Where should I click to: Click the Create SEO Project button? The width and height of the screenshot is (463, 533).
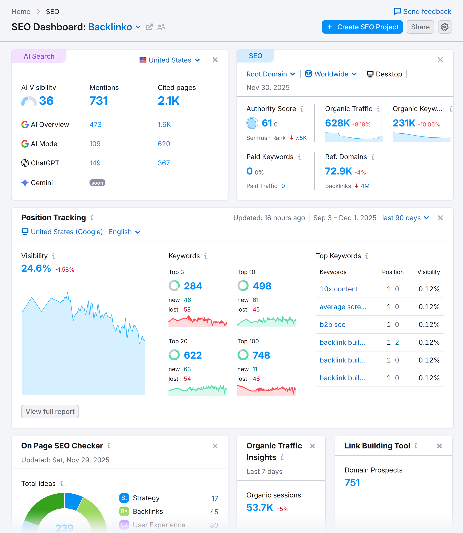tap(362, 27)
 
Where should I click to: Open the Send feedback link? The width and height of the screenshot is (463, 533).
tap(422, 12)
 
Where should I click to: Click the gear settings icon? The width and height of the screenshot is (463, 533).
tap(444, 27)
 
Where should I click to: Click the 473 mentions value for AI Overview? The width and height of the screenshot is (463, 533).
tap(95, 125)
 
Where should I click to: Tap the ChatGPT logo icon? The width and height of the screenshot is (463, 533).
tap(25, 163)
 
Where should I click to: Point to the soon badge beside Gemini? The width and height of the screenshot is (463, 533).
tap(97, 183)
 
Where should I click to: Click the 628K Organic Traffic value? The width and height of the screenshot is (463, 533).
tap(337, 123)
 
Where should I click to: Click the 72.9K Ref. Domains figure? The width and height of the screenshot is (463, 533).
tap(338, 171)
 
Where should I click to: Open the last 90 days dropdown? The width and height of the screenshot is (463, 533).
tap(405, 218)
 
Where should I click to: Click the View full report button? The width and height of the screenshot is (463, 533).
tap(50, 411)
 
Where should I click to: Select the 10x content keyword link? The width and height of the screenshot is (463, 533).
tap(339, 289)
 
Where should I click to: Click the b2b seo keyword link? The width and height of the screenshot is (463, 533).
tap(332, 325)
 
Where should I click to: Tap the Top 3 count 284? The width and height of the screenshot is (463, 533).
tap(193, 286)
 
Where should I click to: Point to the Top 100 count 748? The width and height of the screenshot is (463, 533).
tap(261, 355)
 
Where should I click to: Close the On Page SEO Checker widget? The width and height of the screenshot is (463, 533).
tap(215, 446)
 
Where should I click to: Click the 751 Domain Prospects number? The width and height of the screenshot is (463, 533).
tap(352, 483)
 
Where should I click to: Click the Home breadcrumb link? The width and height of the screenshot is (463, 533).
tap(21, 12)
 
